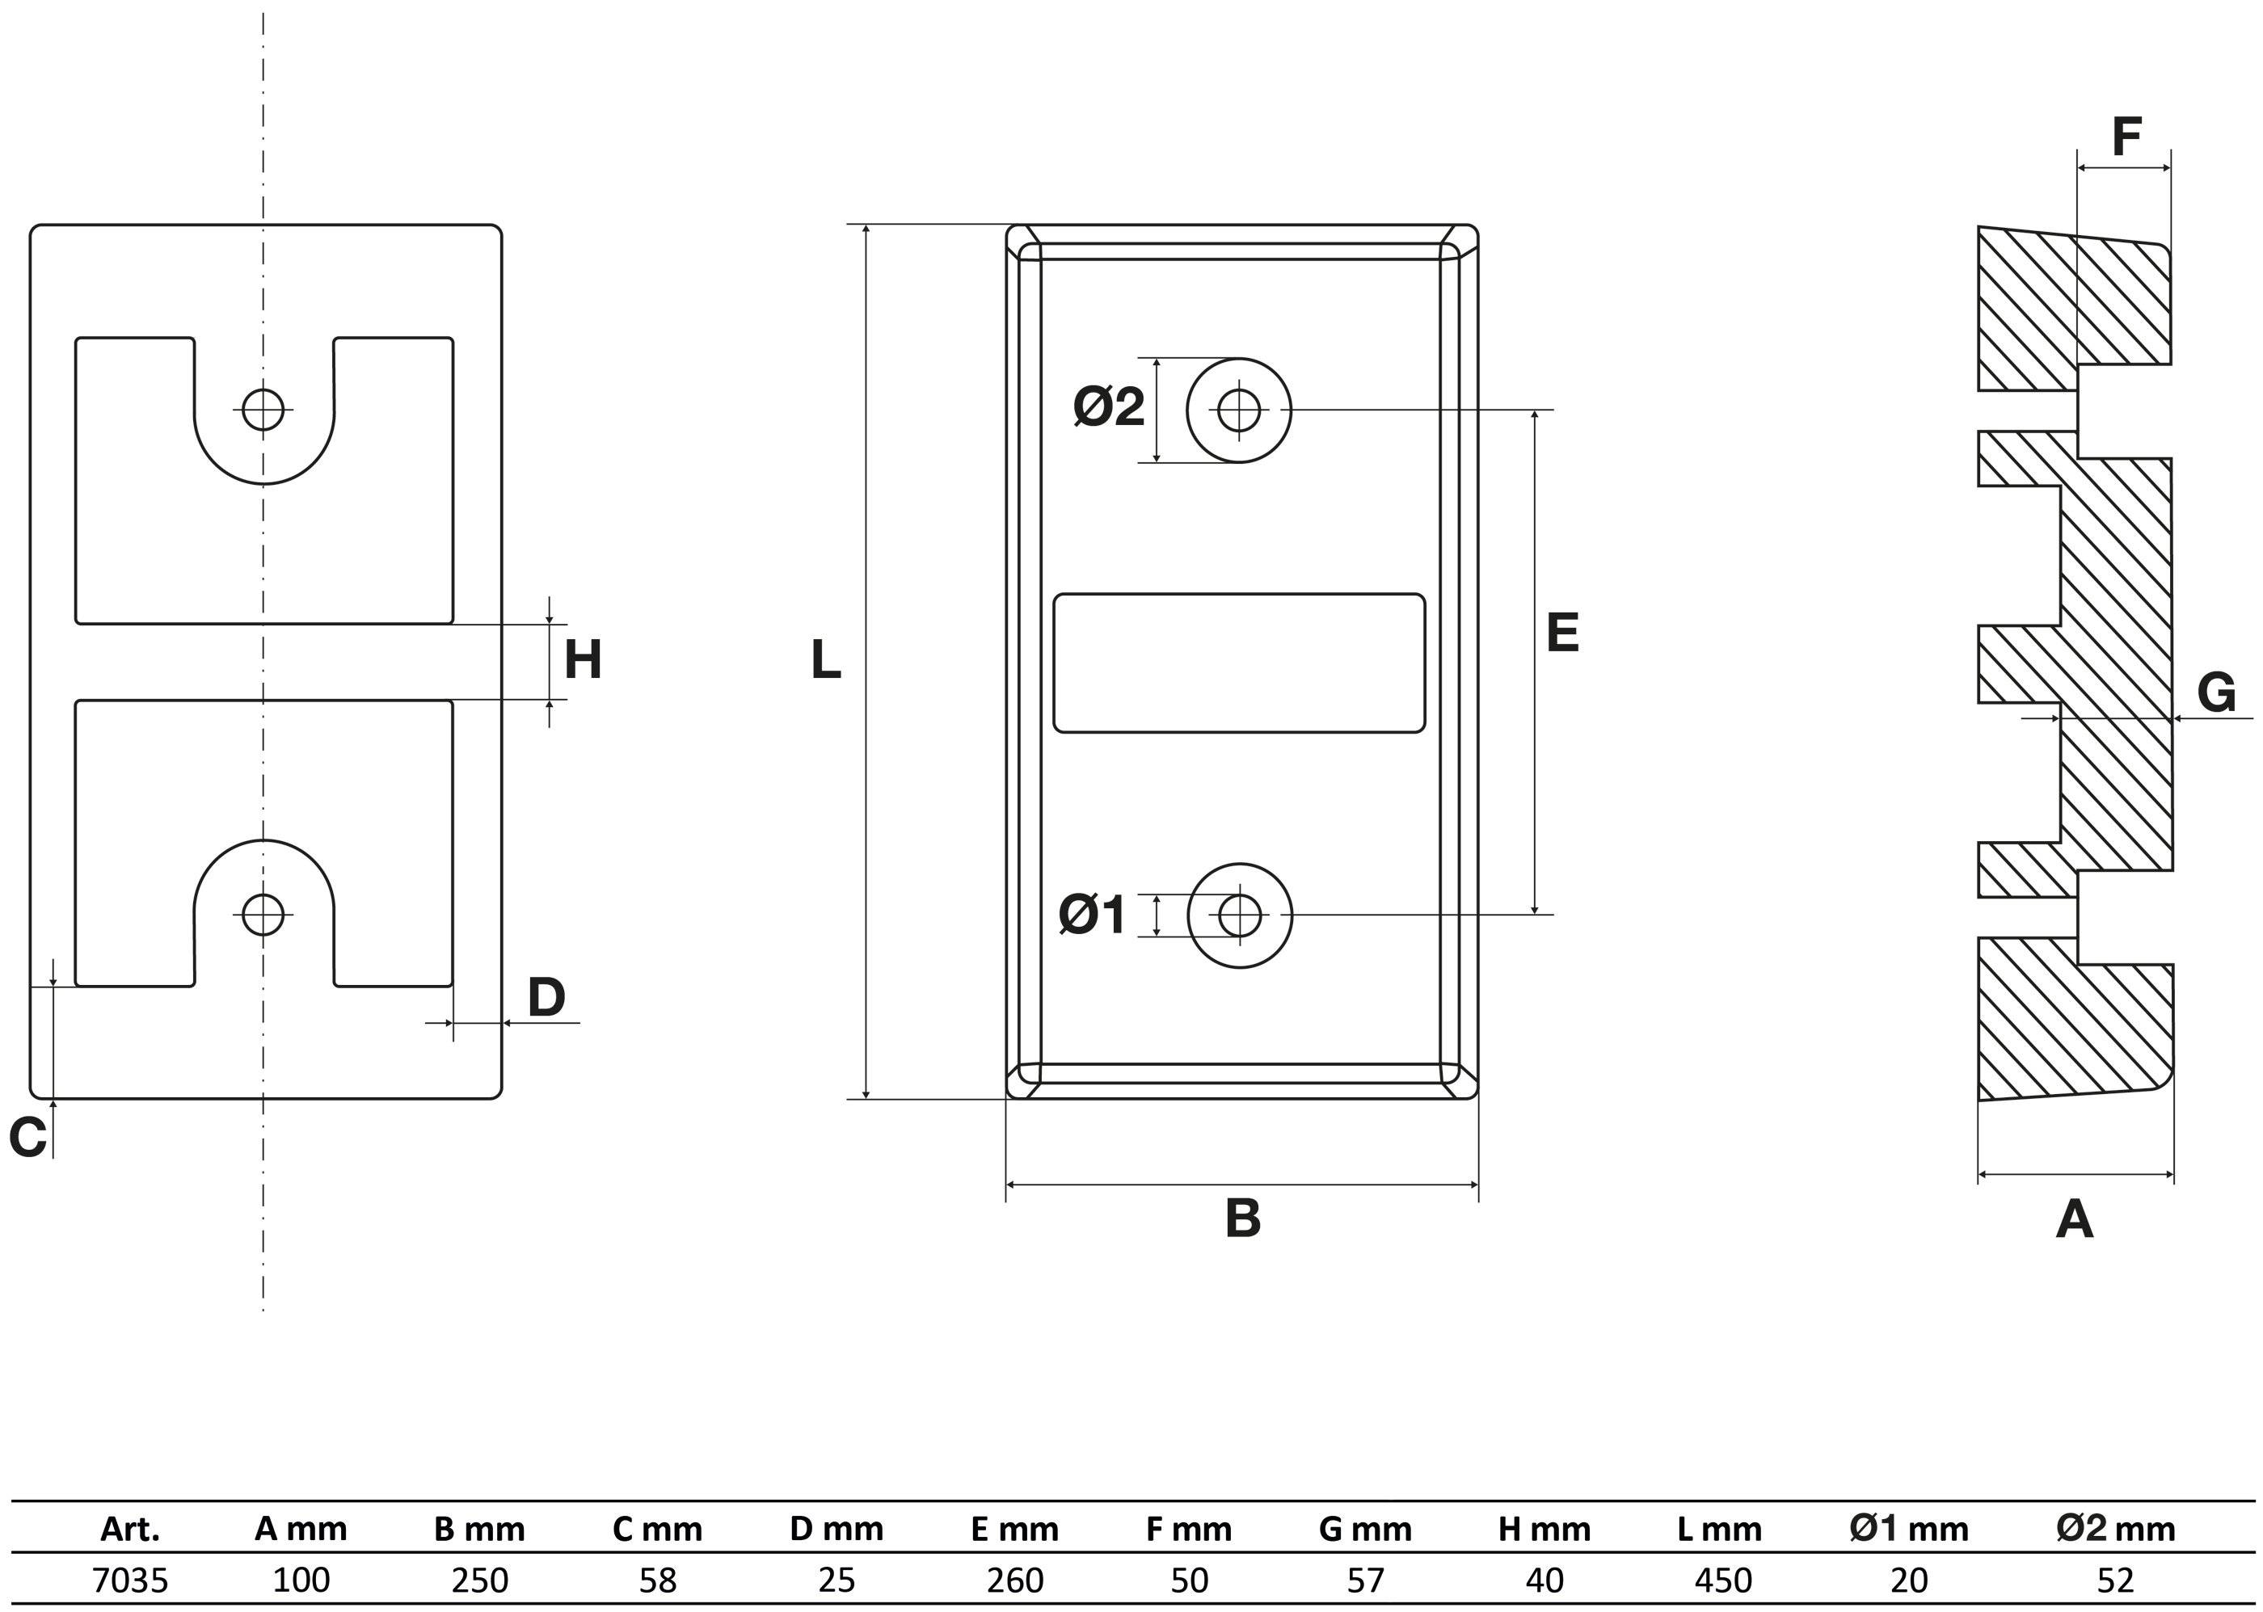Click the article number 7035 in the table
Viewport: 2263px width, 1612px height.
tap(130, 1579)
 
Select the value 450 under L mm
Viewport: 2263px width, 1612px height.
tap(1722, 1579)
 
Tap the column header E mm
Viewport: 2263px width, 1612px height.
tap(1014, 1529)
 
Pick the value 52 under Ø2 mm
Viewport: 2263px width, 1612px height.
tap(2115, 1579)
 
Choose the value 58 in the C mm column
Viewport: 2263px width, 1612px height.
tap(657, 1579)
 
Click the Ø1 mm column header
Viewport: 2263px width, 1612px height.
tap(1909, 1529)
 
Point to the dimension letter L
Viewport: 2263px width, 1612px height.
tap(826, 660)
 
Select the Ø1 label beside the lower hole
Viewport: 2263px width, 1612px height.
tap(1092, 914)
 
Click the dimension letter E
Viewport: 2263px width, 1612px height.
tap(1562, 633)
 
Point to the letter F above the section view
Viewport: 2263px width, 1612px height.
tap(2126, 137)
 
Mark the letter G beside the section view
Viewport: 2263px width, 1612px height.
tap(2216, 692)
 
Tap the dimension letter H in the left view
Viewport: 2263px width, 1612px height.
tap(583, 660)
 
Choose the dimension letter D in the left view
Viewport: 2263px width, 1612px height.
tap(546, 998)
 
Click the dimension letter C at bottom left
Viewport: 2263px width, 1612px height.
tap(27, 1137)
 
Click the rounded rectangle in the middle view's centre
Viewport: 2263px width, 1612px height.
tap(1239, 595)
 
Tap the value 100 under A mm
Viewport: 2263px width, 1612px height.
tap(301, 1579)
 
